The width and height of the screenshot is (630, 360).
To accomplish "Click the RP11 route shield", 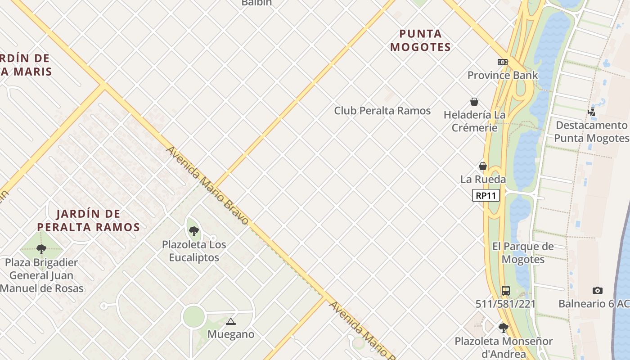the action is [486, 195].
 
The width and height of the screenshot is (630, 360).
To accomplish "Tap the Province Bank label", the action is [502, 75].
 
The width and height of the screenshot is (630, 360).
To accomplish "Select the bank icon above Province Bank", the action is [502, 62].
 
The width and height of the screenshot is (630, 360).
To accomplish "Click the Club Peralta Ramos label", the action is [382, 111].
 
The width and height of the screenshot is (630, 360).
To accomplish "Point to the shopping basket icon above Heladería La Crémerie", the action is [474, 102].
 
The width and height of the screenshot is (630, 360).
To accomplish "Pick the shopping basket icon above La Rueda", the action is [483, 166].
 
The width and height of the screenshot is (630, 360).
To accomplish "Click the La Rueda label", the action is [483, 179].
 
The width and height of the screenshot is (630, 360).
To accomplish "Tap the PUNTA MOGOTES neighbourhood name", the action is [420, 40].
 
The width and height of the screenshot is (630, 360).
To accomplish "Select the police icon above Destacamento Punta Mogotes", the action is [591, 112].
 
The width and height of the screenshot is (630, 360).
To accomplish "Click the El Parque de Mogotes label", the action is [523, 253].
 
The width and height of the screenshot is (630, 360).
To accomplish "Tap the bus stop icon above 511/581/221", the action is [506, 291].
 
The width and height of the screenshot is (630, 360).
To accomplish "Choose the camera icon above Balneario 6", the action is [597, 291].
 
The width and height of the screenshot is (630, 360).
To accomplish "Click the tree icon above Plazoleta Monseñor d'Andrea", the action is [503, 328].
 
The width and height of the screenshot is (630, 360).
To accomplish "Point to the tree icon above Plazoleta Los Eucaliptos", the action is [194, 231].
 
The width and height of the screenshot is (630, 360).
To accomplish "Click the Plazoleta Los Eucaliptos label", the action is [194, 251].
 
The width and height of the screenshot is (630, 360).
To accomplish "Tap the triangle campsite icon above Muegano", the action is [231, 321].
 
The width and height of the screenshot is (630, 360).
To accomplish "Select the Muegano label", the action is [231, 334].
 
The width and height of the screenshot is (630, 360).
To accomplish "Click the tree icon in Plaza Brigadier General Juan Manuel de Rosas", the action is [41, 249].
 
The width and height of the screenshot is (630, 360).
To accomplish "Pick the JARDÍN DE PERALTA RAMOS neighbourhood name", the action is [88, 220].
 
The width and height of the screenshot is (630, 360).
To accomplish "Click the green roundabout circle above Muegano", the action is [194, 317].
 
